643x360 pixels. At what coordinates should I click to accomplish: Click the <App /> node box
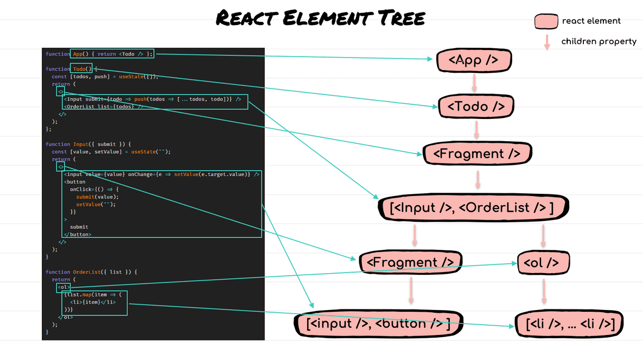tap(474, 60)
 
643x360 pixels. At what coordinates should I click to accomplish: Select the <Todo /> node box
tap(476, 106)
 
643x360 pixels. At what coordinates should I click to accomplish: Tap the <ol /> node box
tap(543, 263)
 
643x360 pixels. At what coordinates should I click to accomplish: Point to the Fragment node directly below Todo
tap(478, 154)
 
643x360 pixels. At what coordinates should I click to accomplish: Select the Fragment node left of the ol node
tap(410, 263)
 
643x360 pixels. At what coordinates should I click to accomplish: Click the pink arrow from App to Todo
tap(474, 83)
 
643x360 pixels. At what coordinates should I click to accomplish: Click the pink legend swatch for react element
tap(546, 22)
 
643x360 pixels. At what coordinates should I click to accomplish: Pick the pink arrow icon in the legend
tap(547, 42)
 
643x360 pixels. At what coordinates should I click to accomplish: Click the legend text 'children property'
tap(599, 42)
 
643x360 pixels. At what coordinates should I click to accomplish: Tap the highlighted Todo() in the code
tap(81, 69)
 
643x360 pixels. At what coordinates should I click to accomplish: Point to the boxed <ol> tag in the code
tap(63, 287)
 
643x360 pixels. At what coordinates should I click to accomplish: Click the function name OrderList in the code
tap(87, 272)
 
